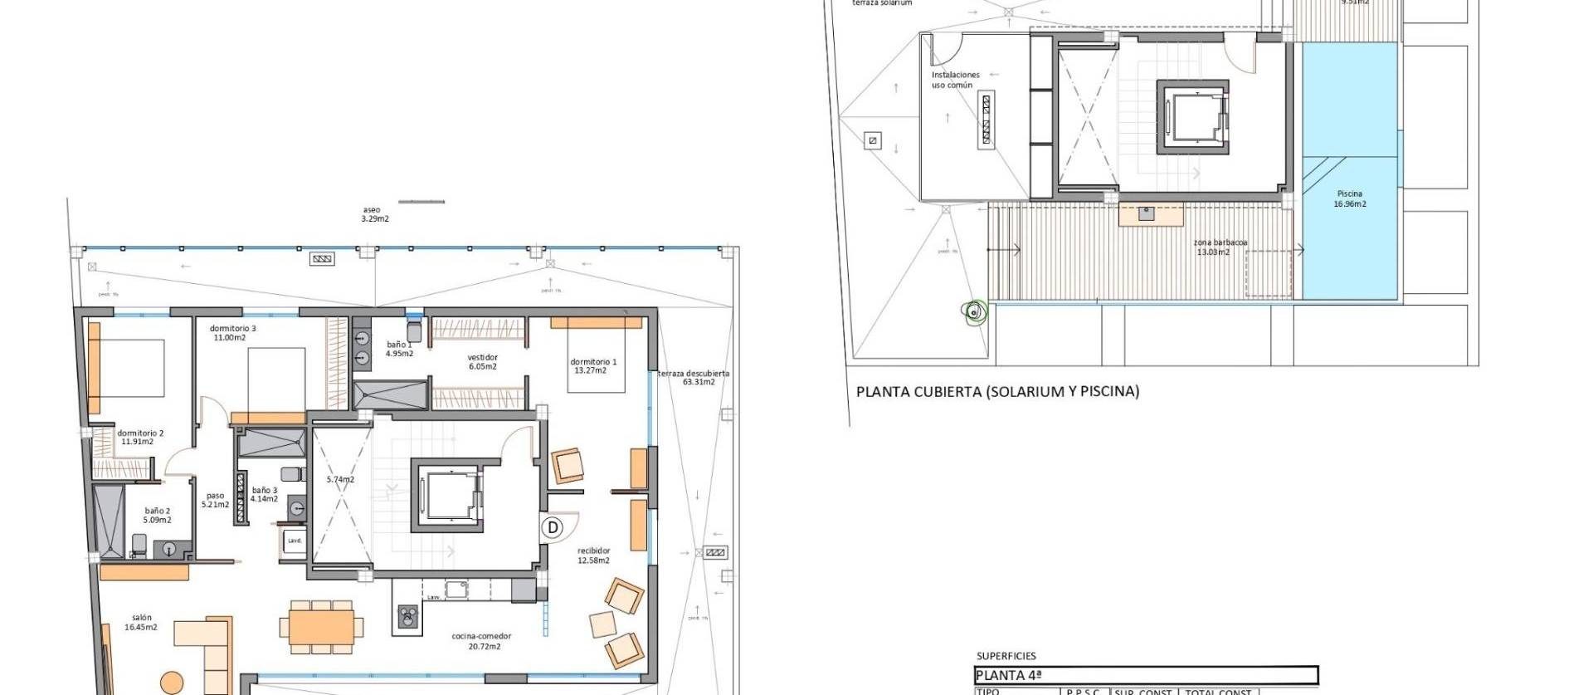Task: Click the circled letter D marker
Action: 553,527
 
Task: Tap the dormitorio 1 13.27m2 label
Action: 593,366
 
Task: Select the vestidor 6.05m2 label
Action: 482,362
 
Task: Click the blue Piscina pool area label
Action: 1350,198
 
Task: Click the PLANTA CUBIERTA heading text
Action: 997,391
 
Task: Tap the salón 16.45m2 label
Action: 141,623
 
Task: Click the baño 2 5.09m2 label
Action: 158,516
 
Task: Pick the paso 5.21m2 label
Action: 215,500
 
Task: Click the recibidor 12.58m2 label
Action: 593,556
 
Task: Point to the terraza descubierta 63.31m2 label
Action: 694,378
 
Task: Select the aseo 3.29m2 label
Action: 374,214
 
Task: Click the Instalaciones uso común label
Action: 954,80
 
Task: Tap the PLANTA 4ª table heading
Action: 1008,675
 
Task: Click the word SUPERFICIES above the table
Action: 1006,656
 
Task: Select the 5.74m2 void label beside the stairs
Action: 340,480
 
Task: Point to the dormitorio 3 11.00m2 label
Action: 232,333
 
